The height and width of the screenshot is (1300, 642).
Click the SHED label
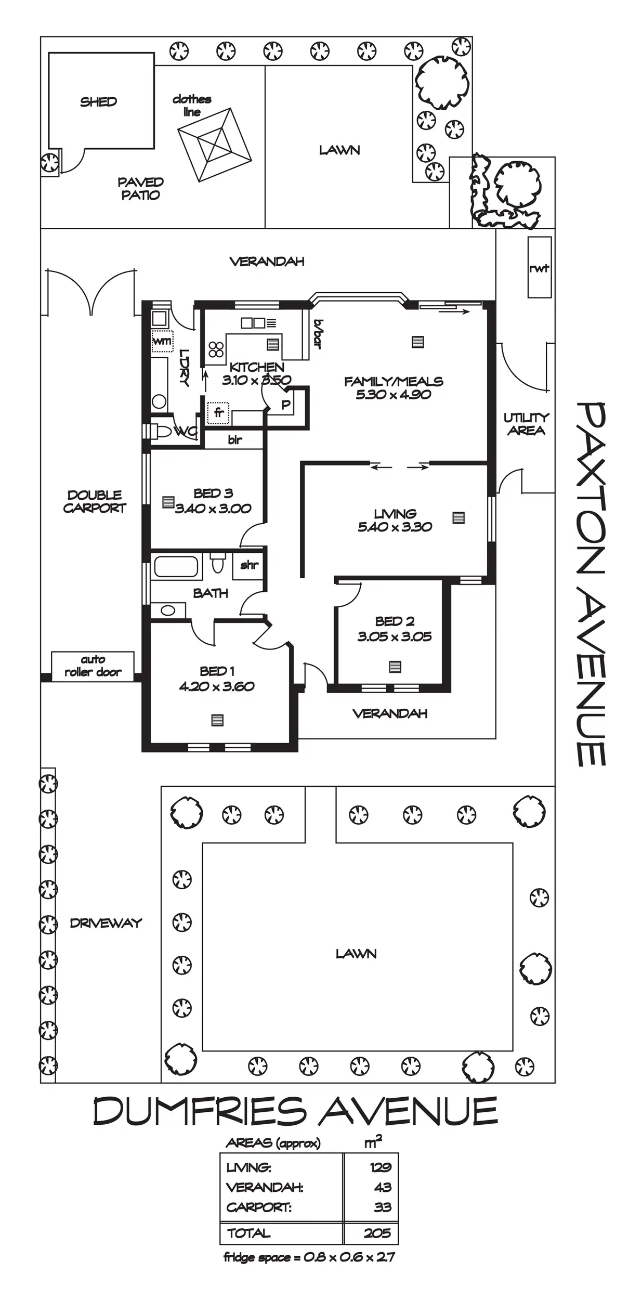click(98, 102)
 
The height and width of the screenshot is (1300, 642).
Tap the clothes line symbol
click(214, 145)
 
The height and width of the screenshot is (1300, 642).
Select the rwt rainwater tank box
click(539, 268)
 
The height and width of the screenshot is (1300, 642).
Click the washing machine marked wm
click(162, 341)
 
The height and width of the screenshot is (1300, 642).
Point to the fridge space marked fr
click(218, 413)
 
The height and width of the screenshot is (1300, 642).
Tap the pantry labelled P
click(285, 405)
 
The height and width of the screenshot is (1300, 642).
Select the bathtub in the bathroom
click(176, 566)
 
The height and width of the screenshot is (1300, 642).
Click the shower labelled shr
click(249, 565)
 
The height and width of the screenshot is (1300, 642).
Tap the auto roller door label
click(93, 666)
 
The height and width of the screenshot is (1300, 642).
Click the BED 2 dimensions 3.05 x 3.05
click(394, 636)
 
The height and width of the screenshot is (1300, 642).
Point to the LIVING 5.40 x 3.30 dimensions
click(395, 527)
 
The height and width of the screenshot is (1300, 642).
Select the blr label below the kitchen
click(235, 440)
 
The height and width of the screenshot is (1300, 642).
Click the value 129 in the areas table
click(381, 1167)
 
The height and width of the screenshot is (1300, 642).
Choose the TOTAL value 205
click(377, 1233)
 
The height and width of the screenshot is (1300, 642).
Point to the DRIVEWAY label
click(106, 922)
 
